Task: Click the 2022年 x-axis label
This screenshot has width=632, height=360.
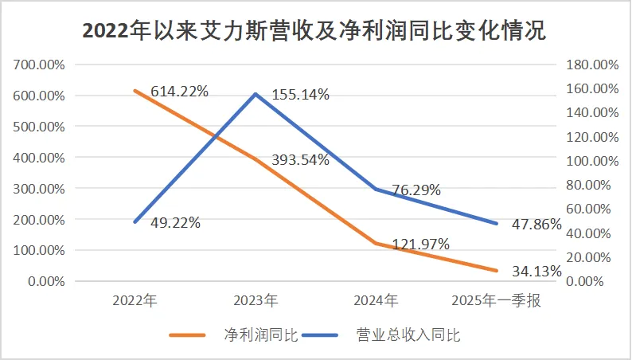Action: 135,301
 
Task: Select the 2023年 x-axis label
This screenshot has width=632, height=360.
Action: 256,301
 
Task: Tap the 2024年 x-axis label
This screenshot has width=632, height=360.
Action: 376,301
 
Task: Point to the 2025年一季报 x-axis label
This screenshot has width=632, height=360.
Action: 496,301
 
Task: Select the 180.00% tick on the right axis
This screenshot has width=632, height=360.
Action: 592,65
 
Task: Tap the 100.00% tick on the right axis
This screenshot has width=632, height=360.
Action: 592,161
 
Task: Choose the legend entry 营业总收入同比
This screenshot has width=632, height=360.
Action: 408,335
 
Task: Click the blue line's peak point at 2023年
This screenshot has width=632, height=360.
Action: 256,94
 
